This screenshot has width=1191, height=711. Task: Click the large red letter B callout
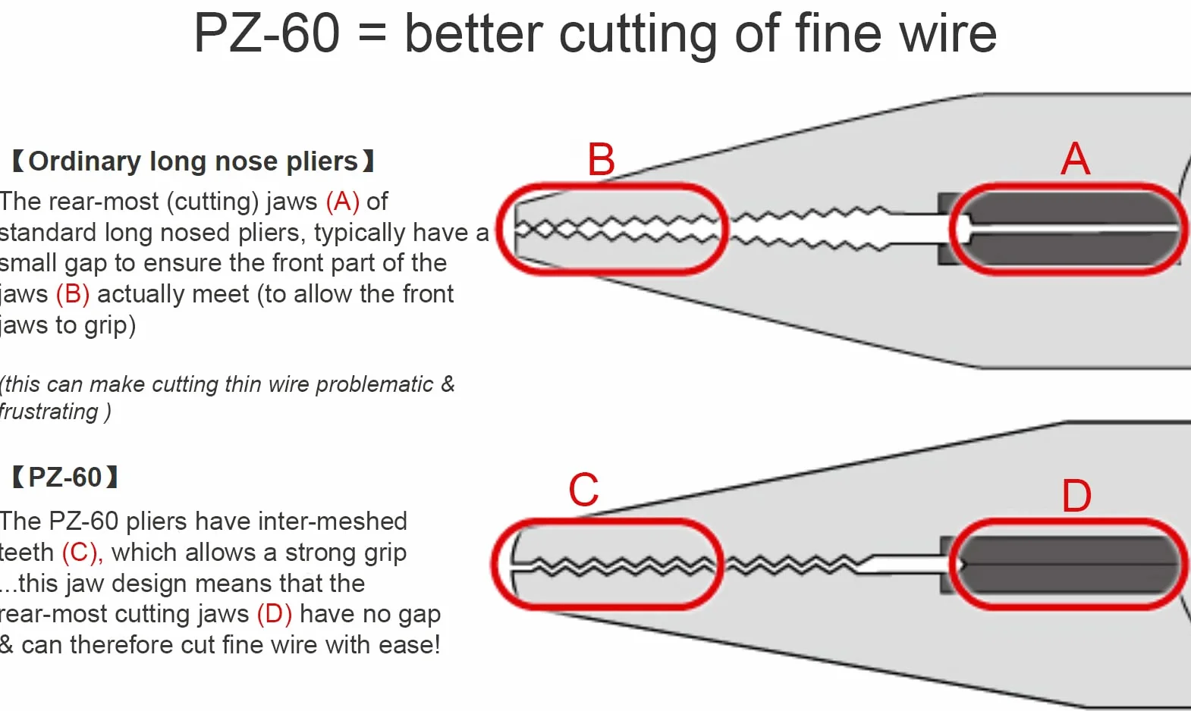click(602, 159)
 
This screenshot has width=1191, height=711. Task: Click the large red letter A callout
click(1075, 158)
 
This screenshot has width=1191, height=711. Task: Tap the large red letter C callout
click(584, 490)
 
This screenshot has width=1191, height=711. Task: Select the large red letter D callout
click(1076, 496)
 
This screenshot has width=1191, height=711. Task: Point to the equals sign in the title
click(372, 33)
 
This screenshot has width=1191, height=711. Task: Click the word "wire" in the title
click(947, 33)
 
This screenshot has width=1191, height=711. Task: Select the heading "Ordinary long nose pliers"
click(193, 161)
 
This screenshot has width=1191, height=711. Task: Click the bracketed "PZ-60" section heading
click(65, 477)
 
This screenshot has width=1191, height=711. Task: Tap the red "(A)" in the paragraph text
click(343, 202)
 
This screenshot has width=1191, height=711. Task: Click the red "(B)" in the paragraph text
click(73, 294)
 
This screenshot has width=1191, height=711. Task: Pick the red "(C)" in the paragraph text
click(81, 552)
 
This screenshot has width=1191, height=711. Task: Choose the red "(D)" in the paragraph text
click(275, 614)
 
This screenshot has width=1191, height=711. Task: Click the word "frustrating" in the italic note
click(49, 412)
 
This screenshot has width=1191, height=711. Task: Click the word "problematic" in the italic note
click(374, 384)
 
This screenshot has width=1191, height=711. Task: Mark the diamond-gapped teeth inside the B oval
click(617, 229)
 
